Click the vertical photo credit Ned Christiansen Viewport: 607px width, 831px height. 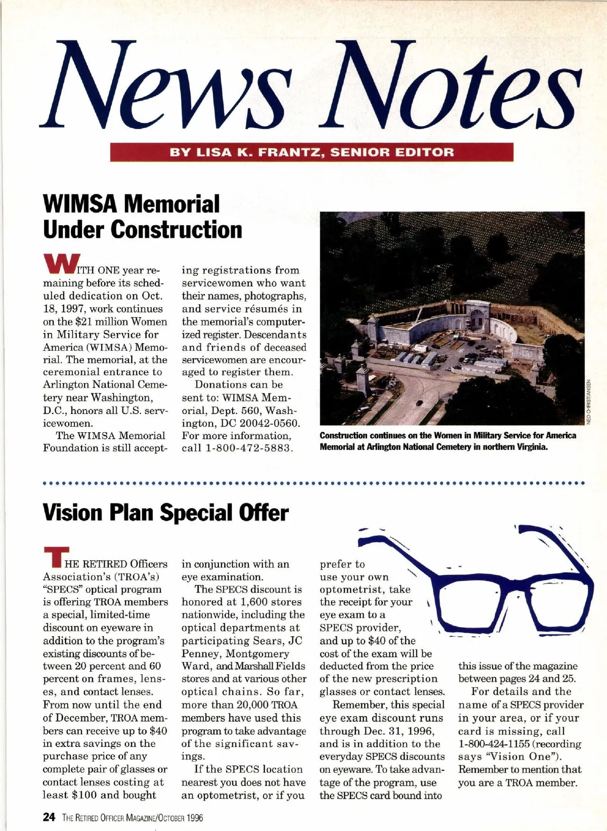[x=589, y=402]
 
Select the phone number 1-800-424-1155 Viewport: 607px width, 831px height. [x=493, y=744]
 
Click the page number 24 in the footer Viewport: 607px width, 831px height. [x=49, y=817]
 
